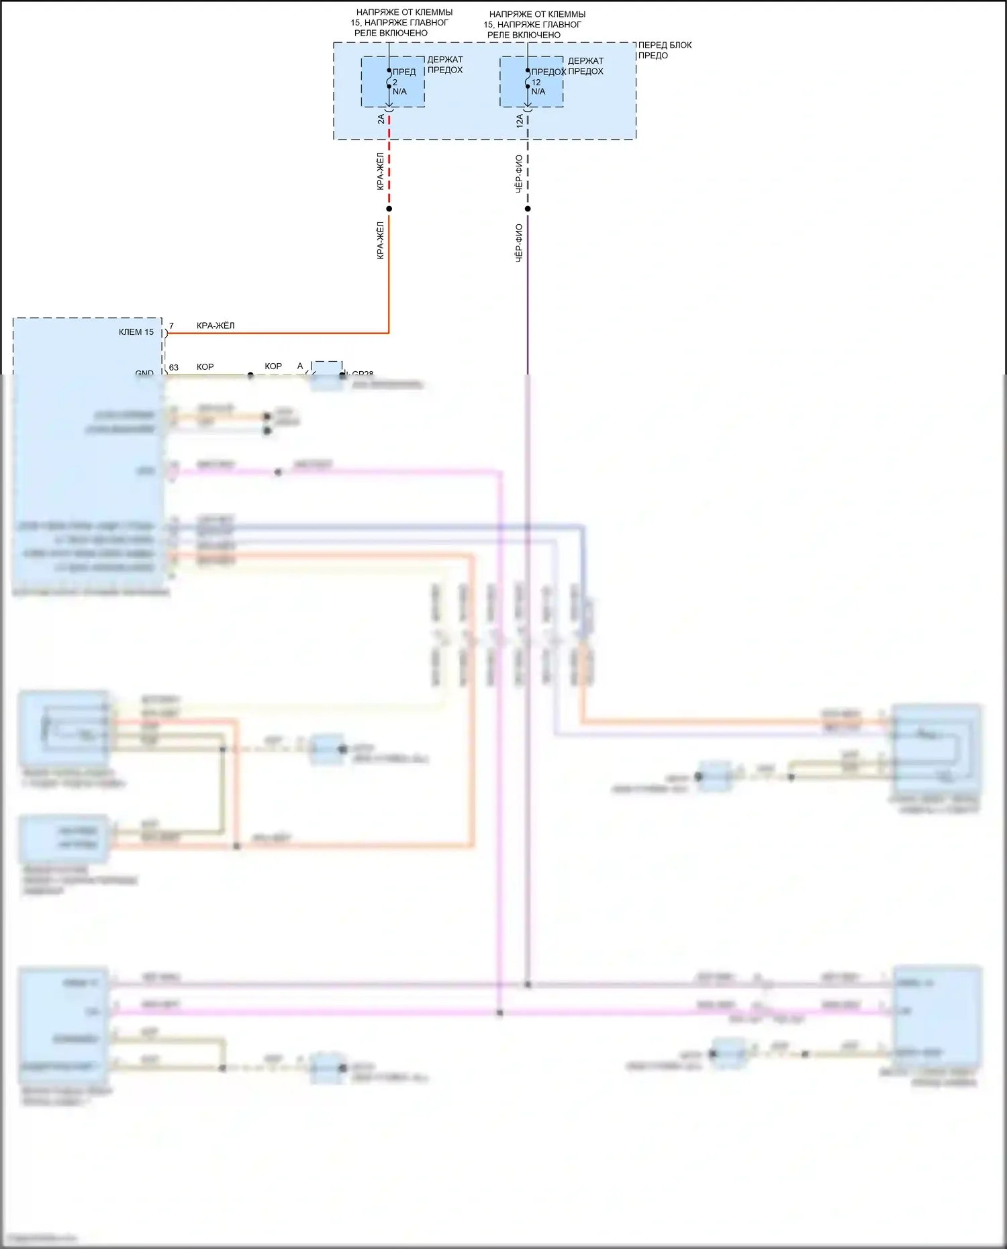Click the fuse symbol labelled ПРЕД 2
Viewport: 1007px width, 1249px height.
point(389,79)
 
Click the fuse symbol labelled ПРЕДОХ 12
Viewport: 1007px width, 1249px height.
point(528,79)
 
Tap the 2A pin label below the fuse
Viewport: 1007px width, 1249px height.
point(381,119)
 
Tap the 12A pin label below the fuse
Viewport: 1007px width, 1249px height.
point(520,121)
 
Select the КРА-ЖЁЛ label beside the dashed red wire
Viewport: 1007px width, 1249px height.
point(380,171)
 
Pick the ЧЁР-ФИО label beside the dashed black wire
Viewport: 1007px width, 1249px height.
point(519,174)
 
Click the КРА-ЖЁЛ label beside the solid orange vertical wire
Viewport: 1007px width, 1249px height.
point(380,240)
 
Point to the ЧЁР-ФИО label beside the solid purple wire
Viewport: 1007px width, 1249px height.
point(519,242)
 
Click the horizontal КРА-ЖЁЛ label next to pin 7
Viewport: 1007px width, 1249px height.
point(215,326)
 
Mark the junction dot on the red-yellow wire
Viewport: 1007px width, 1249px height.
point(389,209)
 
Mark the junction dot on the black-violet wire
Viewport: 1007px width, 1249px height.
point(528,209)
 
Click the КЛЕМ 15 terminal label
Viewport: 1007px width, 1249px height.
point(136,332)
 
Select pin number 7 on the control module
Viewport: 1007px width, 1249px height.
point(171,326)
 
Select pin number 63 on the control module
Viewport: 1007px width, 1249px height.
point(174,367)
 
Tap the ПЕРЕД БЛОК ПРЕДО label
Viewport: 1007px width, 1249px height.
point(664,50)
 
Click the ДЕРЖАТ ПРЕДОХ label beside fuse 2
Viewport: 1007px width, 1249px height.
point(445,64)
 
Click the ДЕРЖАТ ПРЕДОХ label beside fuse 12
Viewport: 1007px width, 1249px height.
point(585,66)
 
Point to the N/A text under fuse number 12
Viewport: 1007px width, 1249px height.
point(538,91)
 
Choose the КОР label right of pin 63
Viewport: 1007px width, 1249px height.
point(205,366)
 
